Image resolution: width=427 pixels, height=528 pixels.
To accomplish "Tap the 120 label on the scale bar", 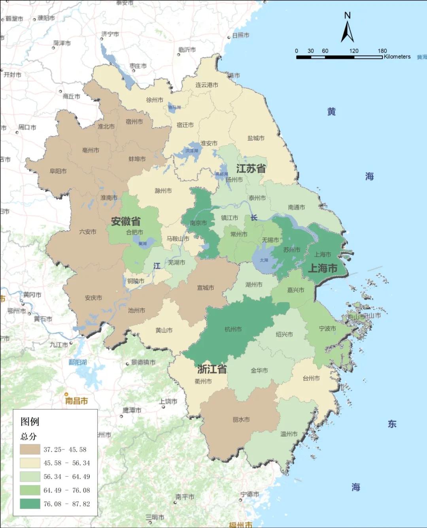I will tap(354, 51).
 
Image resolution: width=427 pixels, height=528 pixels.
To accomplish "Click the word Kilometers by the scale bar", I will tap(397, 57).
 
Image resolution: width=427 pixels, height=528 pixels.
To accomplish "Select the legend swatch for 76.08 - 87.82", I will tap(30, 504).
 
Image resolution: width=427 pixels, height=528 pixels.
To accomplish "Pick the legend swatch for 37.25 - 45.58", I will tap(30, 449).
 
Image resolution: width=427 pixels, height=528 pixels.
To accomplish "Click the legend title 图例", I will tap(30, 421).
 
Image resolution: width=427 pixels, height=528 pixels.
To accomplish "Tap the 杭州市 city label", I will tap(233, 329).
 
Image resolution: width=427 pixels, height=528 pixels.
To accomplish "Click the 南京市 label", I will tap(198, 223).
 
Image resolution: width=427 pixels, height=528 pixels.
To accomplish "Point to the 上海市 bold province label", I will tap(322, 269).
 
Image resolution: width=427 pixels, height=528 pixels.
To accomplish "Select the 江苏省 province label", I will tap(251, 169).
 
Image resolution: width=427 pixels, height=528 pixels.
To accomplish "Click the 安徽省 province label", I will tap(125, 221).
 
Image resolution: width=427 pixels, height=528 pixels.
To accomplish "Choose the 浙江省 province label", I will tap(212, 369).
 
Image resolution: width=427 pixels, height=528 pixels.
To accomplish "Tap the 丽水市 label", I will tap(241, 419).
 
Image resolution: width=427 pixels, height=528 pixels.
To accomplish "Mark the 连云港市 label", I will tap(206, 85).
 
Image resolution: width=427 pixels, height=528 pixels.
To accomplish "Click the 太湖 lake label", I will tap(264, 260).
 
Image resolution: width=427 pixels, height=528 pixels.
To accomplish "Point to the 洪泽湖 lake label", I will tap(192, 151).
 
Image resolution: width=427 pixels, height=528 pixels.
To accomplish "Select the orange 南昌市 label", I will tap(77, 401).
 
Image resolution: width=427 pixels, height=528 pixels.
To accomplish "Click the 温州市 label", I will tap(289, 434).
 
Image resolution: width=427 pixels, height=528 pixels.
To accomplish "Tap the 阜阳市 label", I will tap(58, 171).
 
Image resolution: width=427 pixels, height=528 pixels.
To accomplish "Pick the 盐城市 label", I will tap(256, 138).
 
